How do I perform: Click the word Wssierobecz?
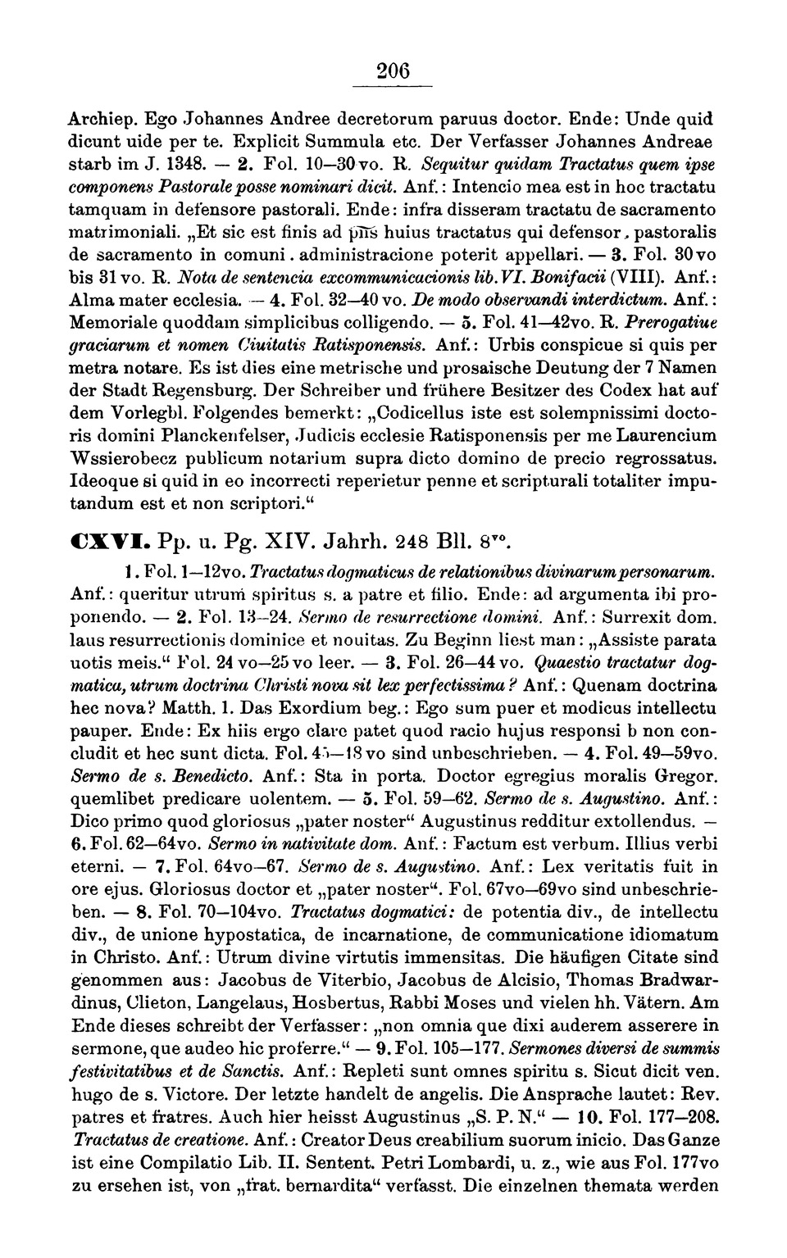tap(124, 456)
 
